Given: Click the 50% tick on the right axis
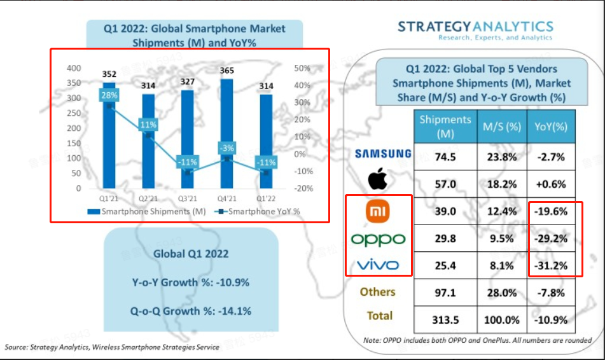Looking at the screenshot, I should click(302, 68).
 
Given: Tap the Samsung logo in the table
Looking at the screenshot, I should click(383, 153).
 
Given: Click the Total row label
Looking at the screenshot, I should click(380, 315).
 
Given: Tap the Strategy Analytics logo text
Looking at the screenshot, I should click(475, 26).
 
